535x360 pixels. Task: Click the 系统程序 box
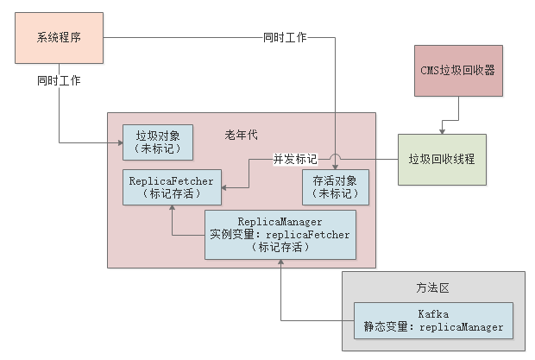[60, 38]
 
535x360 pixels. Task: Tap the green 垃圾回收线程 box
[441, 160]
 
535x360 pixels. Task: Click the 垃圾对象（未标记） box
[158, 142]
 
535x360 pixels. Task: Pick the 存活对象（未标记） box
[336, 187]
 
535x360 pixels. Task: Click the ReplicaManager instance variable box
[280, 234]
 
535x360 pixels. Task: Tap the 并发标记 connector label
[294, 160]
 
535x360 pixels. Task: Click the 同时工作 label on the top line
[285, 38]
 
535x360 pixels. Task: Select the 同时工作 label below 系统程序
[60, 80]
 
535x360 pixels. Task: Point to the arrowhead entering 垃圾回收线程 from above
[442, 131]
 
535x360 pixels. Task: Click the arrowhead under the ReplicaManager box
[280, 263]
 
